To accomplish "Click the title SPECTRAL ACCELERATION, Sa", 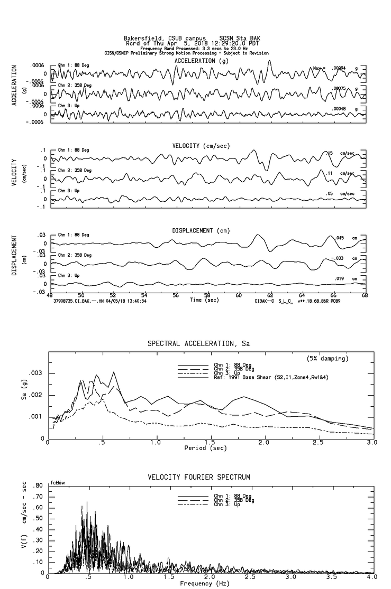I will tap(198, 344).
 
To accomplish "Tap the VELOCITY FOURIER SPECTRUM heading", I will tap(198, 477).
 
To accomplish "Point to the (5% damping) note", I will tap(328, 359).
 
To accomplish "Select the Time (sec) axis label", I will tap(204, 300).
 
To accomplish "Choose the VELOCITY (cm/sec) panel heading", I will tap(202, 146).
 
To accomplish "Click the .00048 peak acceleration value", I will tap(339, 109).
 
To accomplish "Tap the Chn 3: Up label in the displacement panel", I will tap(69, 276).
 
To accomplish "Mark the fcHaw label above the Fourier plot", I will tap(57, 482).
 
